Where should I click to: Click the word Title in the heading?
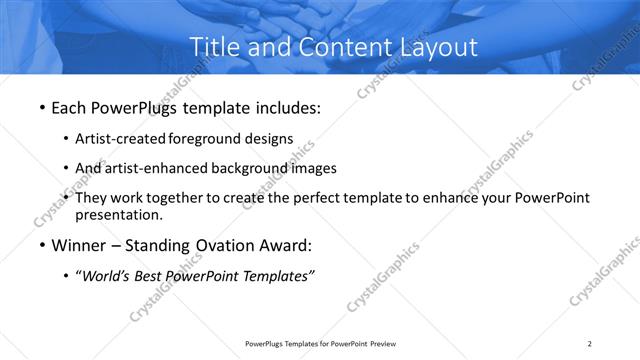[x=214, y=46]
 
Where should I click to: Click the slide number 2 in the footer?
[x=590, y=344]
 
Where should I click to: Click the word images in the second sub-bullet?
[x=314, y=168]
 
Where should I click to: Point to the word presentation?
[x=118, y=214]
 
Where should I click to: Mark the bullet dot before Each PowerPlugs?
[x=39, y=108]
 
